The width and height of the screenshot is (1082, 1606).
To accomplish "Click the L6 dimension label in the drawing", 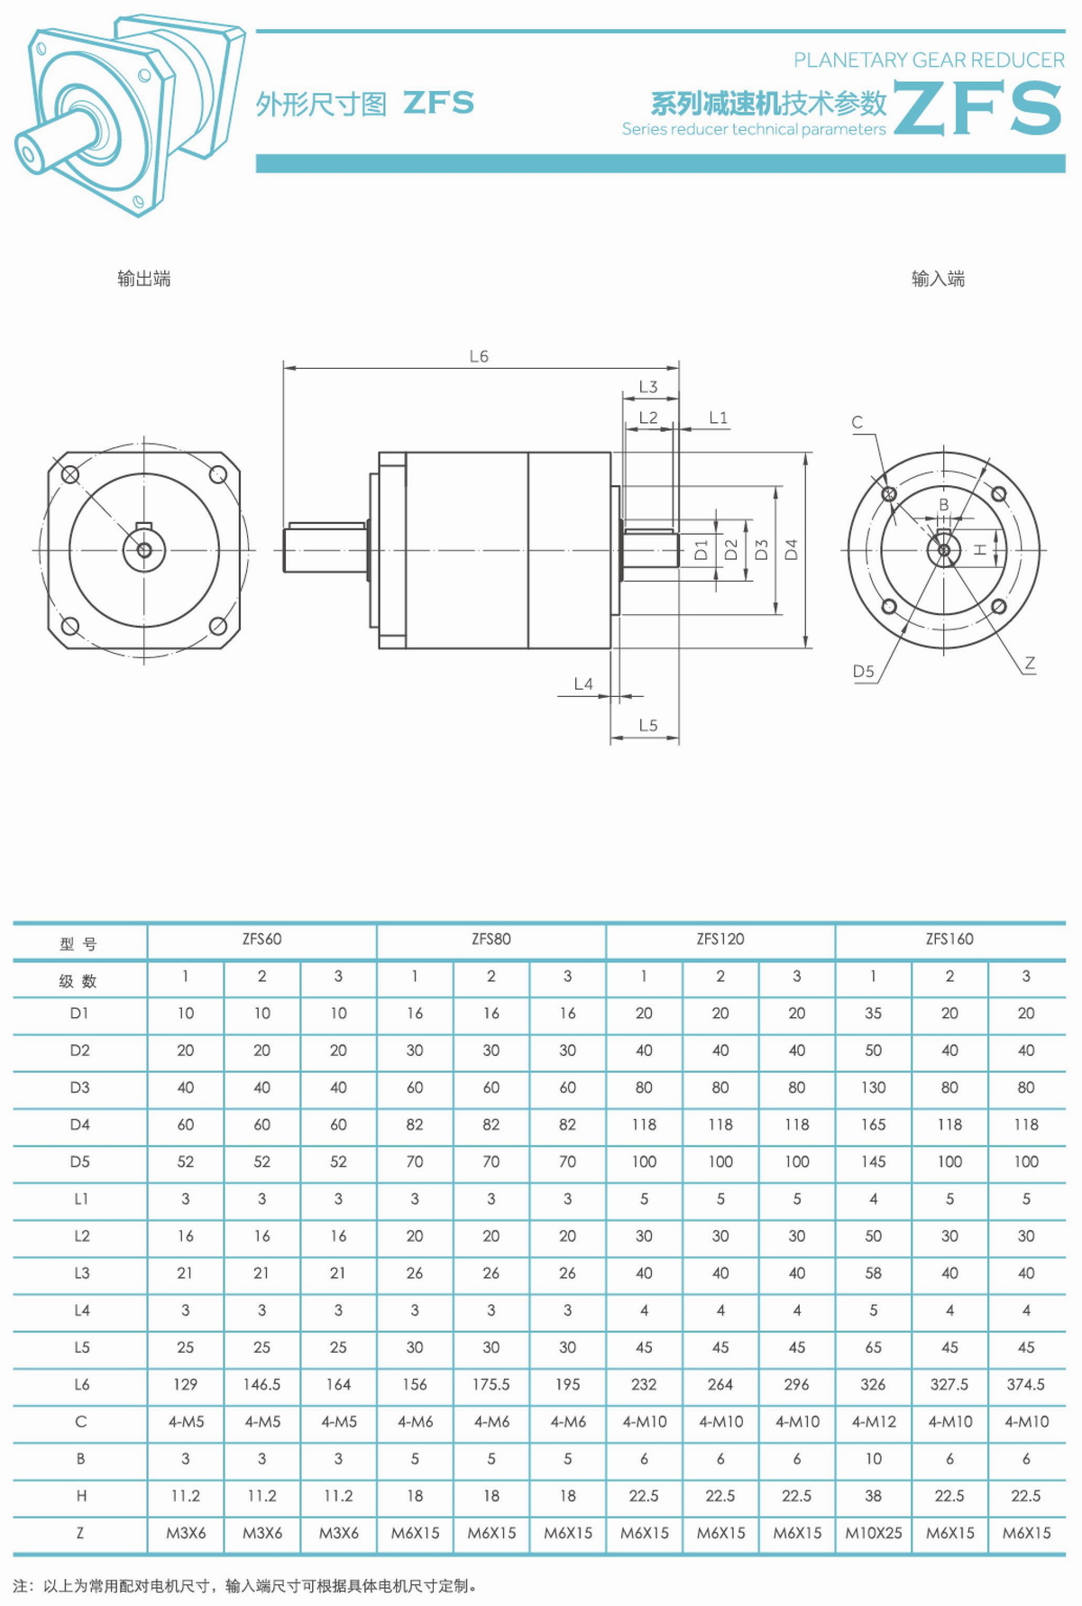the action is pyautogui.click(x=479, y=356).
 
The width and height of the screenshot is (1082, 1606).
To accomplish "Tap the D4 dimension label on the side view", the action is pyautogui.click(x=791, y=549).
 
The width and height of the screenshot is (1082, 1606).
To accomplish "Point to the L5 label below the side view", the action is pyautogui.click(x=648, y=725).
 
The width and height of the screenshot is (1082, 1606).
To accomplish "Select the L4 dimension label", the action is pyautogui.click(x=583, y=684).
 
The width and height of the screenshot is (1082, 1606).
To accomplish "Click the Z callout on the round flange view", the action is pyautogui.click(x=1030, y=663).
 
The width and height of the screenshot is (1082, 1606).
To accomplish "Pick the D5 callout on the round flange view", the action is pyautogui.click(x=864, y=671).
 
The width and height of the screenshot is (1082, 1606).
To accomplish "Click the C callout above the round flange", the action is pyautogui.click(x=857, y=422).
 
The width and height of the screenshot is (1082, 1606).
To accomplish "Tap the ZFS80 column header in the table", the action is pyautogui.click(x=491, y=939).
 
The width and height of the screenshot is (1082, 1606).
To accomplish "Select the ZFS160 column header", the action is pyautogui.click(x=949, y=939).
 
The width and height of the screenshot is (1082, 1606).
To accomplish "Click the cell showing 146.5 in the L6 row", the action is pyautogui.click(x=261, y=1384).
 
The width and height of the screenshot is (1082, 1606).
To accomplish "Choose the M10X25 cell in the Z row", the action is pyautogui.click(x=873, y=1533).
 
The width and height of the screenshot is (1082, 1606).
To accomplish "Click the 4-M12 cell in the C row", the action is pyautogui.click(x=874, y=1422).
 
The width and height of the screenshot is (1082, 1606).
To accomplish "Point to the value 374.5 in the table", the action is pyautogui.click(x=1026, y=1384).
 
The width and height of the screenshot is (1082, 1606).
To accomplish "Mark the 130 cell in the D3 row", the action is pyautogui.click(x=873, y=1087).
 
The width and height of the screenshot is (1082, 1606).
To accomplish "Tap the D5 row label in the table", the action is pyautogui.click(x=80, y=1161).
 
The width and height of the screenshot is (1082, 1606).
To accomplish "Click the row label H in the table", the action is pyautogui.click(x=81, y=1496).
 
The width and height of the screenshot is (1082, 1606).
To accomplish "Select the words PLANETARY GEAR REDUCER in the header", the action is pyautogui.click(x=929, y=60).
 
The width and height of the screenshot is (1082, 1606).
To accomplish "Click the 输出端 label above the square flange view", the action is pyautogui.click(x=144, y=279).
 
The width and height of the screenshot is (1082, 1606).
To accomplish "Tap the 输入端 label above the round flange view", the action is pyautogui.click(x=938, y=279).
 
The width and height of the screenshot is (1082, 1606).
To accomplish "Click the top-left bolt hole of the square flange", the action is pyautogui.click(x=69, y=473).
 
